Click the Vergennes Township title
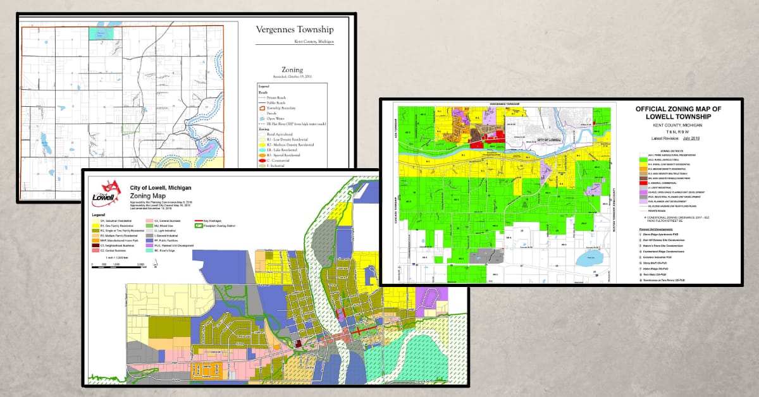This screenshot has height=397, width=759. tap(294, 30)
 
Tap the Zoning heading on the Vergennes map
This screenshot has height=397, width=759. tap(292, 70)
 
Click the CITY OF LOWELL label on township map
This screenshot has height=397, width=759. tap(548, 137)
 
